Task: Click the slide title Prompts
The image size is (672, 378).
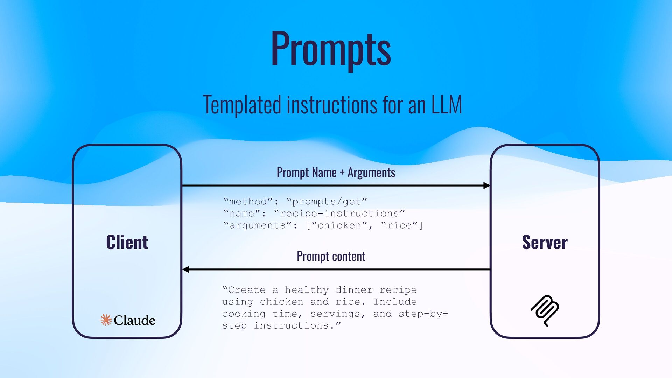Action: click(x=331, y=49)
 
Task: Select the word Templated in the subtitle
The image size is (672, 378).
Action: click(x=242, y=105)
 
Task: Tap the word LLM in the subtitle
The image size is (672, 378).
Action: click(x=446, y=105)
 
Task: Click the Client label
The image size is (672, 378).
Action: click(x=127, y=242)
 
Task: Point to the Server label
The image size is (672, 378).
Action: click(x=545, y=242)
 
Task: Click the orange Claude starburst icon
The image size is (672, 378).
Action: click(x=106, y=320)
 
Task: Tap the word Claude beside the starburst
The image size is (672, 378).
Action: click(x=134, y=320)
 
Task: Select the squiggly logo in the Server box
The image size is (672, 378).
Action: click(x=545, y=310)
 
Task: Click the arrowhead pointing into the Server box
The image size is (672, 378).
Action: click(x=486, y=185)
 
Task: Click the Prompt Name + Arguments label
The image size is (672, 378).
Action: click(x=336, y=173)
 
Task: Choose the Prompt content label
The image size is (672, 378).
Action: click(x=331, y=256)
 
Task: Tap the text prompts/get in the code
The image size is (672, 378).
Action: click(x=326, y=202)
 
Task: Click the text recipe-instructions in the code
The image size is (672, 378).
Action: click(x=339, y=213)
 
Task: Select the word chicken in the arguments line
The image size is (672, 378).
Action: click(x=339, y=225)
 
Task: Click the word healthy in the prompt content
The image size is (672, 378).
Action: click(x=307, y=290)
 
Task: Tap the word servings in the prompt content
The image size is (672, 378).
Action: click(x=335, y=314)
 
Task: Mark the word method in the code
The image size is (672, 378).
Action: click(x=248, y=202)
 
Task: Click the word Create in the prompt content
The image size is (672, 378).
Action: click(x=247, y=290)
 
